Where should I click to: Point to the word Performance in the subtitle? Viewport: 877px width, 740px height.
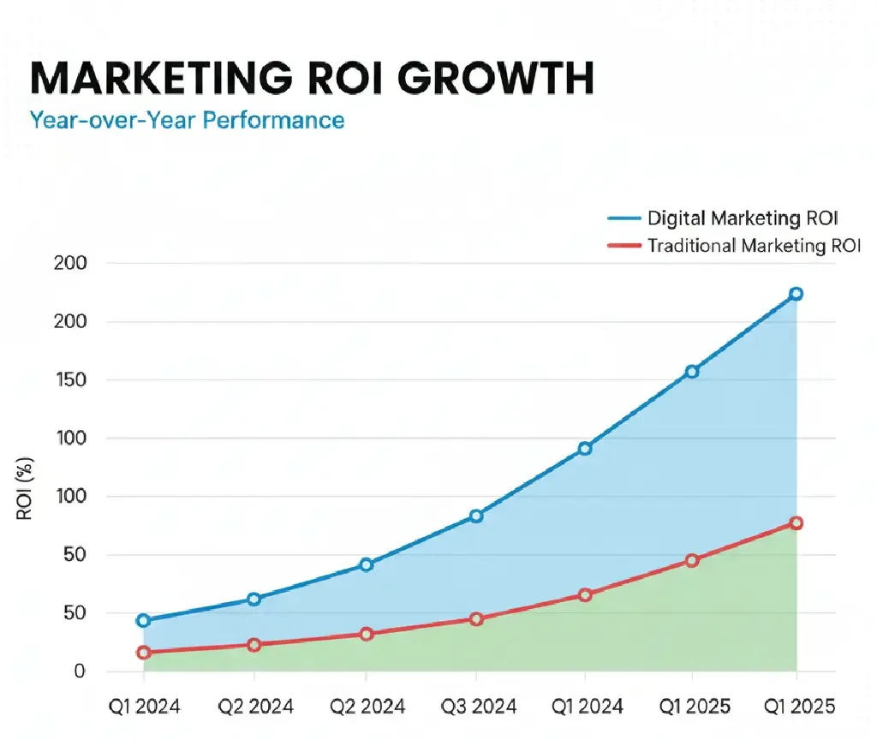273,119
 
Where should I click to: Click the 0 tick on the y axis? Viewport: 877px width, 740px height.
79,671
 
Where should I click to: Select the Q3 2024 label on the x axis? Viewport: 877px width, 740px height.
478,706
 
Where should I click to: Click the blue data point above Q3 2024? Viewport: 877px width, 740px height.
477,516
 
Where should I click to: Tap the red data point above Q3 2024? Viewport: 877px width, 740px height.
477,618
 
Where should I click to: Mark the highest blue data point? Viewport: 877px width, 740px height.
796,294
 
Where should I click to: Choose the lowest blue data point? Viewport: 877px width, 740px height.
143,620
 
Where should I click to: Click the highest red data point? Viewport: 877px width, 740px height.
796,522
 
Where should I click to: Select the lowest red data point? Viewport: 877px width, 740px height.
143,653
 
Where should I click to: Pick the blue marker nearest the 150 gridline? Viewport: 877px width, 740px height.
692,372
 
